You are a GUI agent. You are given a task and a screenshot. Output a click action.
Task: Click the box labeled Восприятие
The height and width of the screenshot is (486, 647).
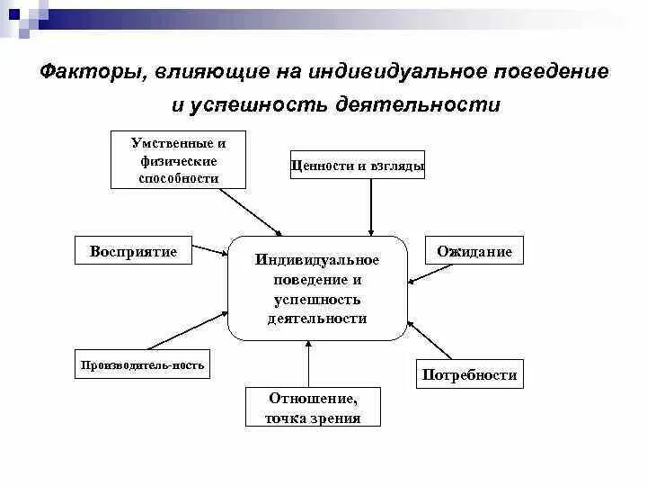coord(133,251)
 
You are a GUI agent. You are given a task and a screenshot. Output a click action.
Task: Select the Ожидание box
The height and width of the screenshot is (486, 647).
coord(474,252)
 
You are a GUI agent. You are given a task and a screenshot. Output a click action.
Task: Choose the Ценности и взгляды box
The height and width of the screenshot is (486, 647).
coord(358,166)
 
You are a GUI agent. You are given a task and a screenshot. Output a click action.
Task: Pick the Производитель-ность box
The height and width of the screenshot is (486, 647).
coord(143,364)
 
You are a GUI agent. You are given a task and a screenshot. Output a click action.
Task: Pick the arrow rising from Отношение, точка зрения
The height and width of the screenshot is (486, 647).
coord(308,364)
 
